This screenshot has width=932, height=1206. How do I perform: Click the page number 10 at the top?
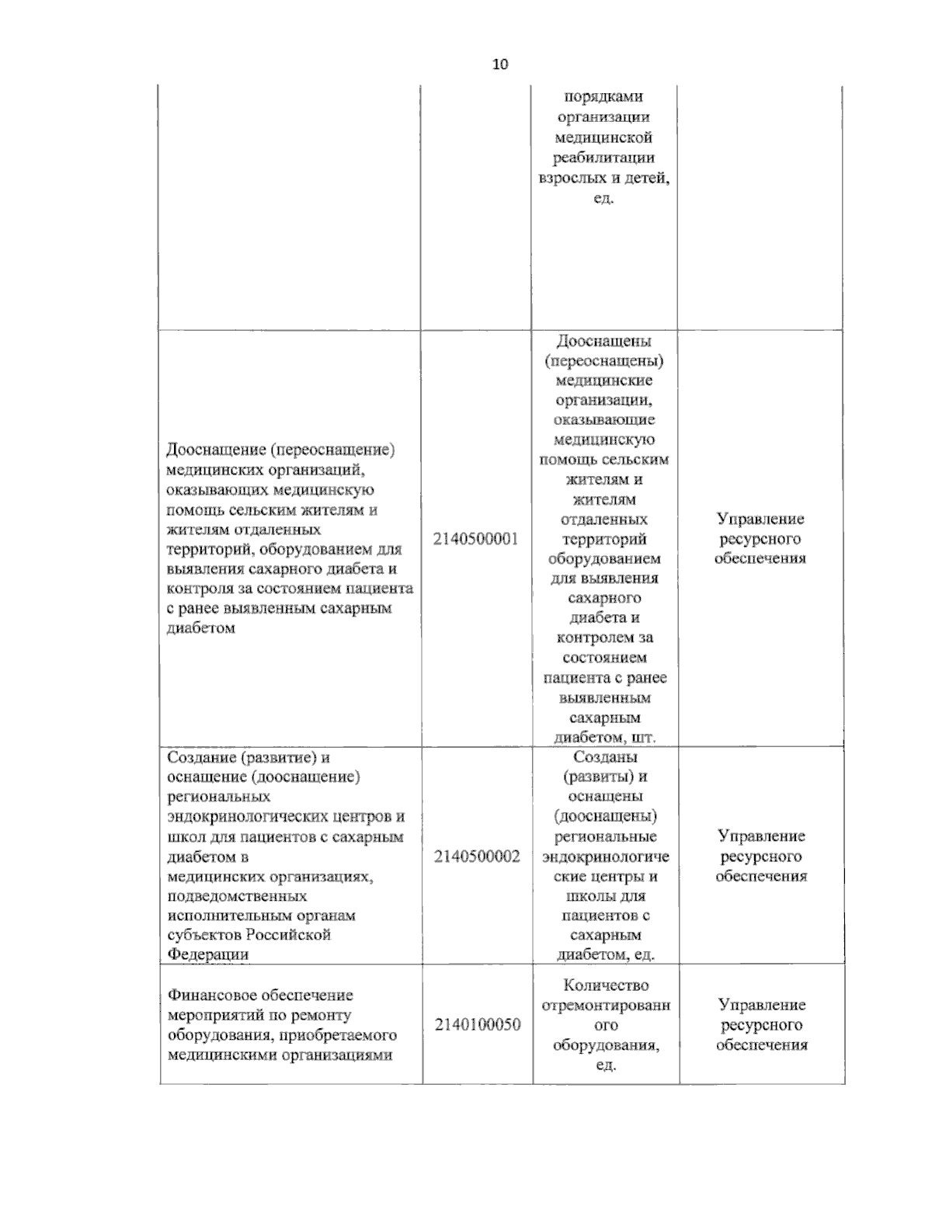[x=499, y=64]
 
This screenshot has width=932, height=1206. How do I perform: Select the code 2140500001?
[x=475, y=539]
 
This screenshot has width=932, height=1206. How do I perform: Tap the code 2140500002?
[x=477, y=857]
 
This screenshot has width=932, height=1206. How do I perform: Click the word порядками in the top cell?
[x=603, y=97]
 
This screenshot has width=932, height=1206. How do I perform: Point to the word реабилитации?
[x=603, y=158]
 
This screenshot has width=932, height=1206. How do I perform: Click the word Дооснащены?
[x=604, y=341]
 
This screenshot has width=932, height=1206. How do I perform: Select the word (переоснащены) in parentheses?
[x=604, y=360]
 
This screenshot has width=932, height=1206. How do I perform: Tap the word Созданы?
[x=605, y=756]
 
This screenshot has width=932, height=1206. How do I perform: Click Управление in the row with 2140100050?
[x=761, y=1005]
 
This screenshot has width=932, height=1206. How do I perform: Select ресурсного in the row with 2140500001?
[x=760, y=539]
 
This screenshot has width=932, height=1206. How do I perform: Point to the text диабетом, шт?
[x=605, y=736]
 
